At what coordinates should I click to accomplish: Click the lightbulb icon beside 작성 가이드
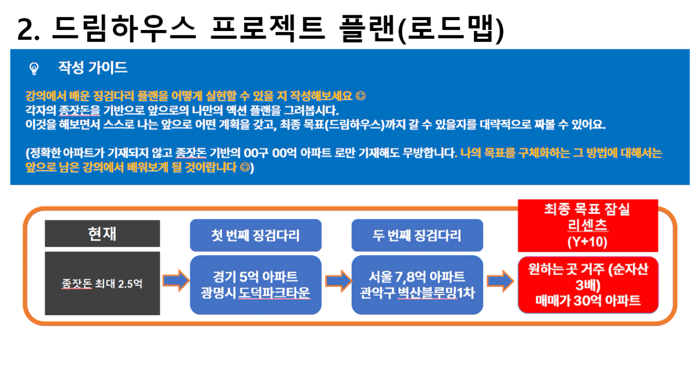(34, 69)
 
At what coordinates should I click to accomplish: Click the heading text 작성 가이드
(93, 67)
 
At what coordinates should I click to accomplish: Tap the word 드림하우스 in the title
(124, 29)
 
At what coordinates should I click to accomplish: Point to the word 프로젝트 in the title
(268, 29)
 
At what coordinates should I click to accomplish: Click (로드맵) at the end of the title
(451, 29)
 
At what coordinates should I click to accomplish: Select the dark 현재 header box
(102, 234)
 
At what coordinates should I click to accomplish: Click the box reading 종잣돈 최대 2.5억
(102, 284)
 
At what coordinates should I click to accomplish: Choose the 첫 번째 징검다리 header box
(255, 235)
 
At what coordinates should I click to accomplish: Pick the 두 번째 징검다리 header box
(417, 235)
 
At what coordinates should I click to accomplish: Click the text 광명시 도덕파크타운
(255, 293)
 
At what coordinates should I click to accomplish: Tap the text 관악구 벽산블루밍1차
(417, 293)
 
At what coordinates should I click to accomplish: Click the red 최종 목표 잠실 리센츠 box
(588, 226)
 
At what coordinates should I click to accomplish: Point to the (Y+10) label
(588, 242)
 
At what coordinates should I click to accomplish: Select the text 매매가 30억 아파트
(588, 300)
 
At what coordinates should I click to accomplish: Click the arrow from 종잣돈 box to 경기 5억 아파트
(176, 280)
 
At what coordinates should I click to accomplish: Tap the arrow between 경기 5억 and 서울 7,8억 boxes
(338, 281)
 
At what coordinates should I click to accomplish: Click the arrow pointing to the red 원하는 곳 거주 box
(500, 281)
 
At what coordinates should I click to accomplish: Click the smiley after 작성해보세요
(360, 96)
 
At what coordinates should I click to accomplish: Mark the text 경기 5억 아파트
(255, 277)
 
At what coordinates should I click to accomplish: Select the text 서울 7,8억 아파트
(417, 277)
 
